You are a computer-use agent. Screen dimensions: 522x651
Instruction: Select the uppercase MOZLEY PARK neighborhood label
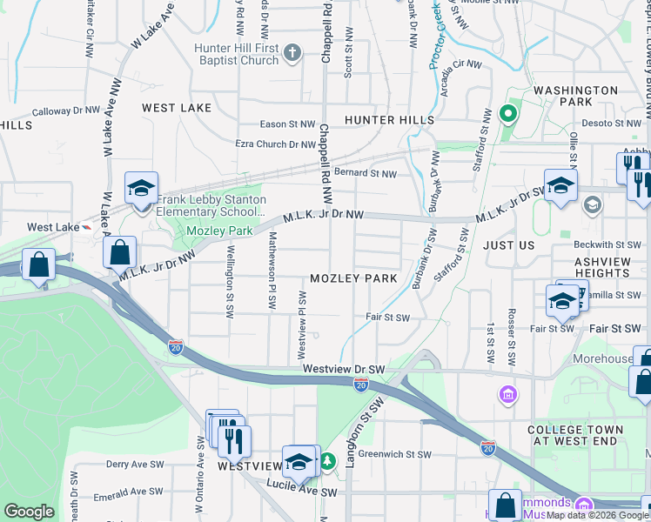coord(354,278)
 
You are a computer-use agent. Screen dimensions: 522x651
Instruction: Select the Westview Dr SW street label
coord(344,370)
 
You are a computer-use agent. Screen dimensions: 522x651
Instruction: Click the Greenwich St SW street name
coord(394,454)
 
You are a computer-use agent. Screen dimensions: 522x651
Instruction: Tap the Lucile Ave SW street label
coord(301,492)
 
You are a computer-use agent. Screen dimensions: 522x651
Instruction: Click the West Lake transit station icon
coord(85,227)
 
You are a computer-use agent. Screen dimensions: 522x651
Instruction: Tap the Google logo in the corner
coord(29,512)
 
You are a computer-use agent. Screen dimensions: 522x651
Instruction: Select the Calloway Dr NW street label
coord(66,111)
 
